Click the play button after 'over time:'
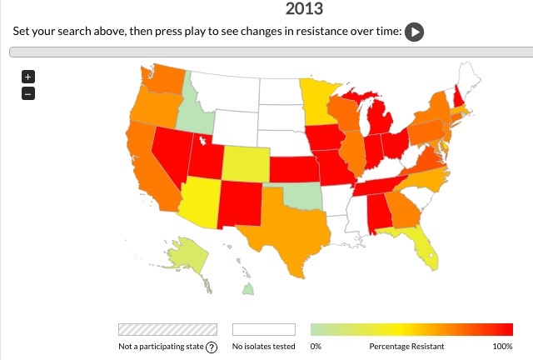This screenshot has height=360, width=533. click(x=415, y=32)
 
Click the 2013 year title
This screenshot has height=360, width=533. click(x=304, y=10)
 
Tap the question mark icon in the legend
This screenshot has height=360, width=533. click(x=212, y=347)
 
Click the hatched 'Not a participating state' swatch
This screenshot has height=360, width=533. click(x=167, y=329)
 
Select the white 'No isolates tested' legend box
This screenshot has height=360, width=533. click(x=264, y=329)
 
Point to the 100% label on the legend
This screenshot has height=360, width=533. click(x=502, y=346)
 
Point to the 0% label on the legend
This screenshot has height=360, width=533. click(x=316, y=346)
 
